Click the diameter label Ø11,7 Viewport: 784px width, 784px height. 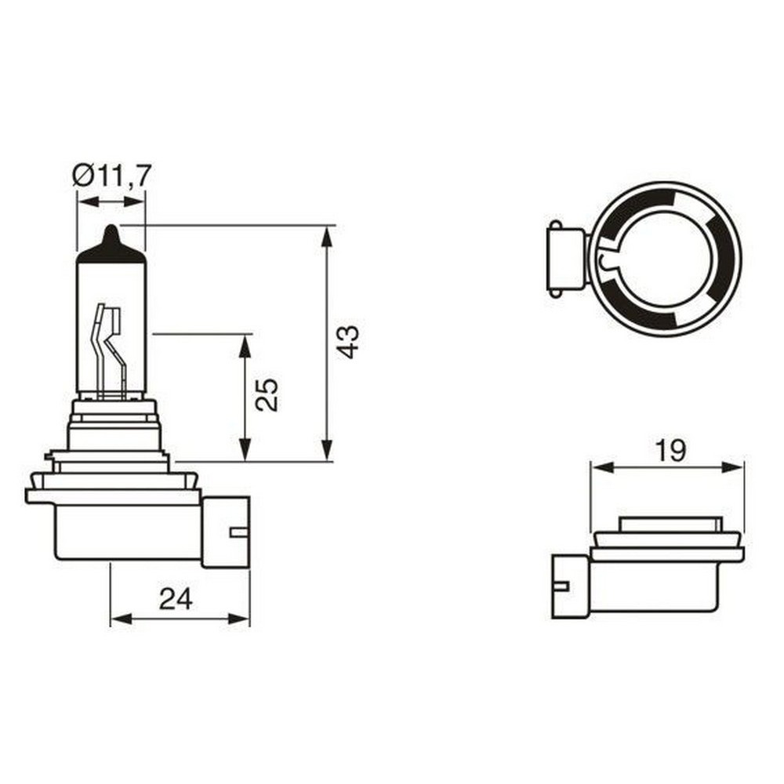coord(112,174)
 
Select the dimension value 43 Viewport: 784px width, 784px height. coord(348,342)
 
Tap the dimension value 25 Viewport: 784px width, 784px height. coord(267,394)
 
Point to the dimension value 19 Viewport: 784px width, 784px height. coord(670,450)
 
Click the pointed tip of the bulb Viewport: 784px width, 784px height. coord(111,230)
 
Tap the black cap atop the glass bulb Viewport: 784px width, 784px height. coord(111,247)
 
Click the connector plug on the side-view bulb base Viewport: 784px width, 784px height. coord(226,532)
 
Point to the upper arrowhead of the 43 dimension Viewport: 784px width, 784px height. coord(327,234)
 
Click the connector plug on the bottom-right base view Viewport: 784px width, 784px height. coord(570,586)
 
